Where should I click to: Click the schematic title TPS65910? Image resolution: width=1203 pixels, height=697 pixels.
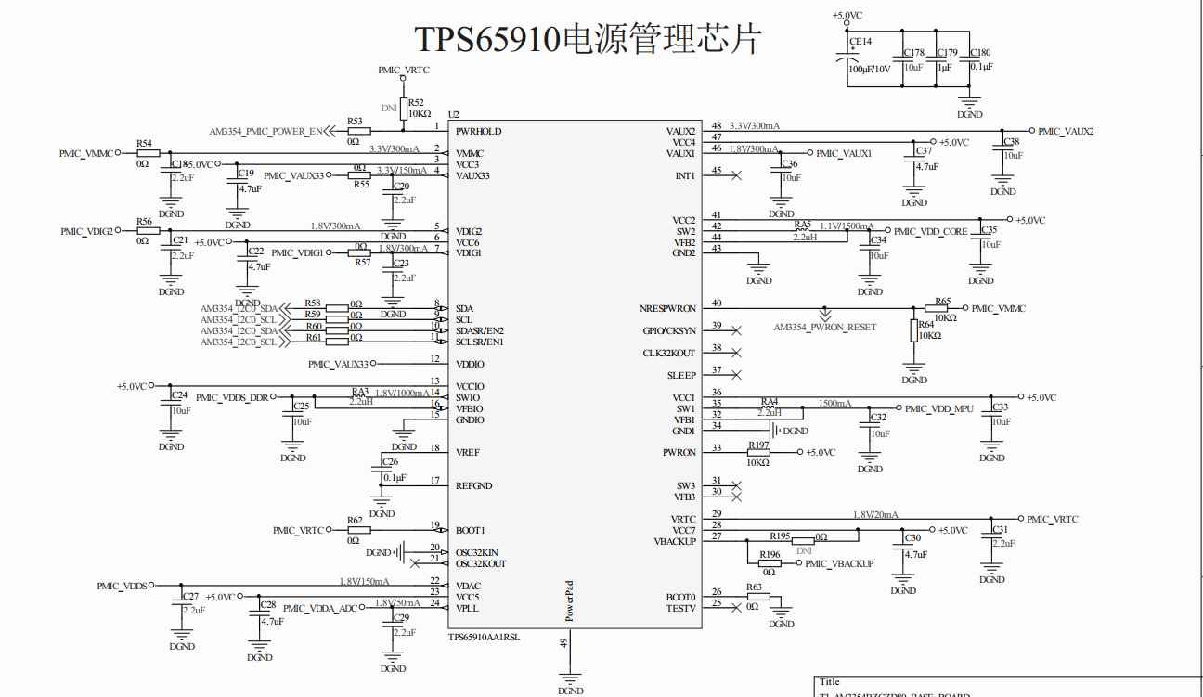coord(587,39)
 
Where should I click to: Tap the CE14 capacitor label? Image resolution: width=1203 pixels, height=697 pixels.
coord(860,41)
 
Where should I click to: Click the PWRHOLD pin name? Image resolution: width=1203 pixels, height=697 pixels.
coord(478,131)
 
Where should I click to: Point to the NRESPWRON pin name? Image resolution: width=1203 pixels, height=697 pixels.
coord(667,308)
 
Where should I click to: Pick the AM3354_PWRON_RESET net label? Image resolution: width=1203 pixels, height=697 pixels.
coord(824,328)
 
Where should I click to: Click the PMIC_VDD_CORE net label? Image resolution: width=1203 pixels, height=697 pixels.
coord(930,231)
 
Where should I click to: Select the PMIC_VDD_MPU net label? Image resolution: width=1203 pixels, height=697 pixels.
coord(938,408)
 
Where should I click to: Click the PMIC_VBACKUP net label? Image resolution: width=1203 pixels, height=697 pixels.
coord(839,563)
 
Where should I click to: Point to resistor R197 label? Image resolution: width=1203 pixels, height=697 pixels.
coord(758,445)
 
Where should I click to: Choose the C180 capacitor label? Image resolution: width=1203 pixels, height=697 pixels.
coord(979,53)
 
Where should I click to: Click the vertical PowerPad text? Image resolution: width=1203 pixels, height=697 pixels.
coord(570,600)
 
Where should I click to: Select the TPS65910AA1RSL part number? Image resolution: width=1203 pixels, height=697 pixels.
coord(485,638)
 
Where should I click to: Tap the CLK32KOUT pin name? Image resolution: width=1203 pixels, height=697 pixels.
coord(668,353)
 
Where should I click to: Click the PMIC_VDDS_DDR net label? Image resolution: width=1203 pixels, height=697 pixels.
coord(232,397)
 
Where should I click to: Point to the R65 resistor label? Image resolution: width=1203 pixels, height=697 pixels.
coord(943,301)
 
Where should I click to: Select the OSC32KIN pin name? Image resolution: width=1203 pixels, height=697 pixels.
coord(477,552)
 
